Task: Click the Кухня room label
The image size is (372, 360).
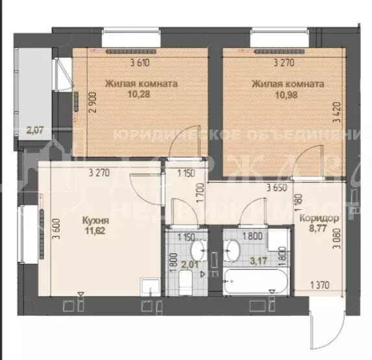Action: click(95, 220)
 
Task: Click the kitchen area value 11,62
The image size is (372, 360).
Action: click(95, 230)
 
